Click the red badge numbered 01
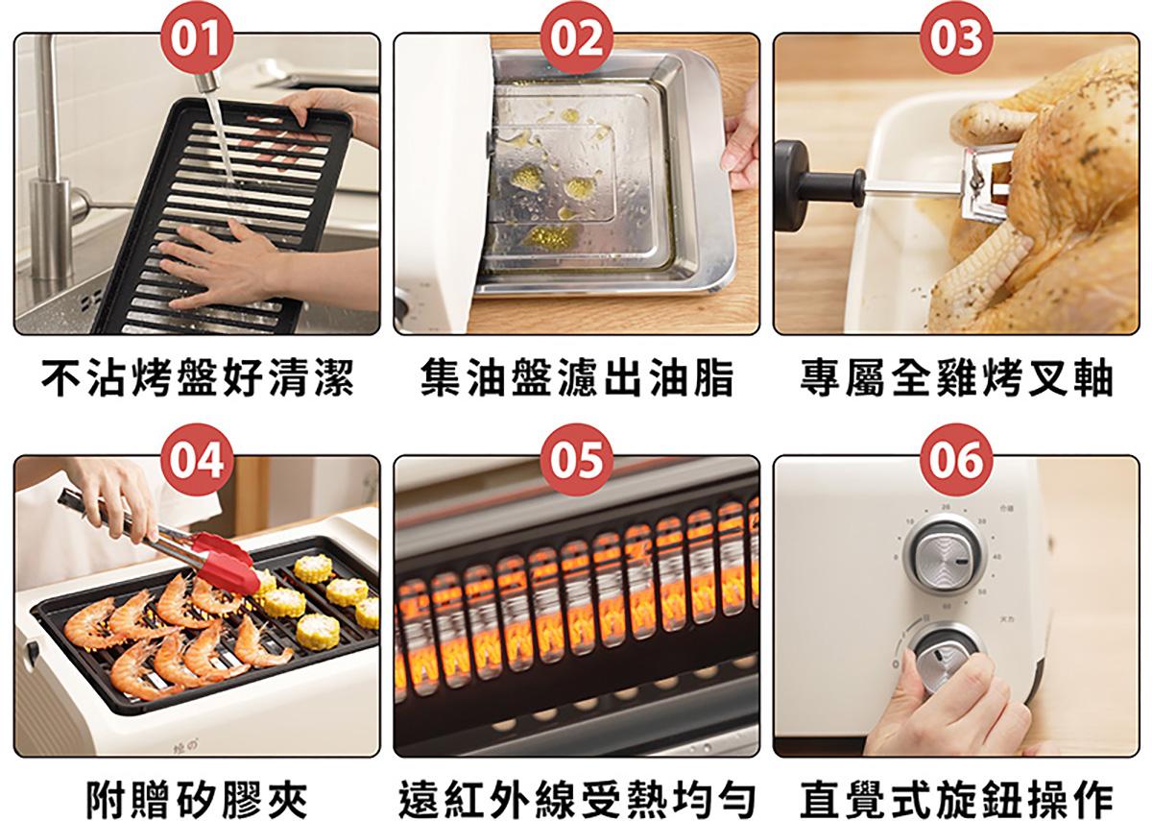197,38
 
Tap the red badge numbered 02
577,38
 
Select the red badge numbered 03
956,38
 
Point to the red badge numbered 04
197,459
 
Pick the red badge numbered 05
577,459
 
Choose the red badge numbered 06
956,459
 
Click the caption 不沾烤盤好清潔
198,378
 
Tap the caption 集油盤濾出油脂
577,378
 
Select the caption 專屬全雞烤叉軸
956,378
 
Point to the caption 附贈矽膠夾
197,799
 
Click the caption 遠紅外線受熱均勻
577,799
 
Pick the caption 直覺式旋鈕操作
956,799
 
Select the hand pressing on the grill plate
227,266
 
